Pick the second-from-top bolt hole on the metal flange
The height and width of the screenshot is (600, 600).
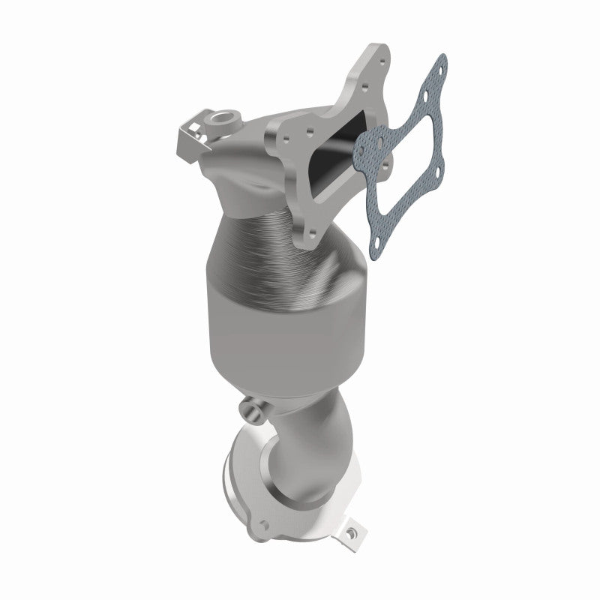point(364,88)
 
